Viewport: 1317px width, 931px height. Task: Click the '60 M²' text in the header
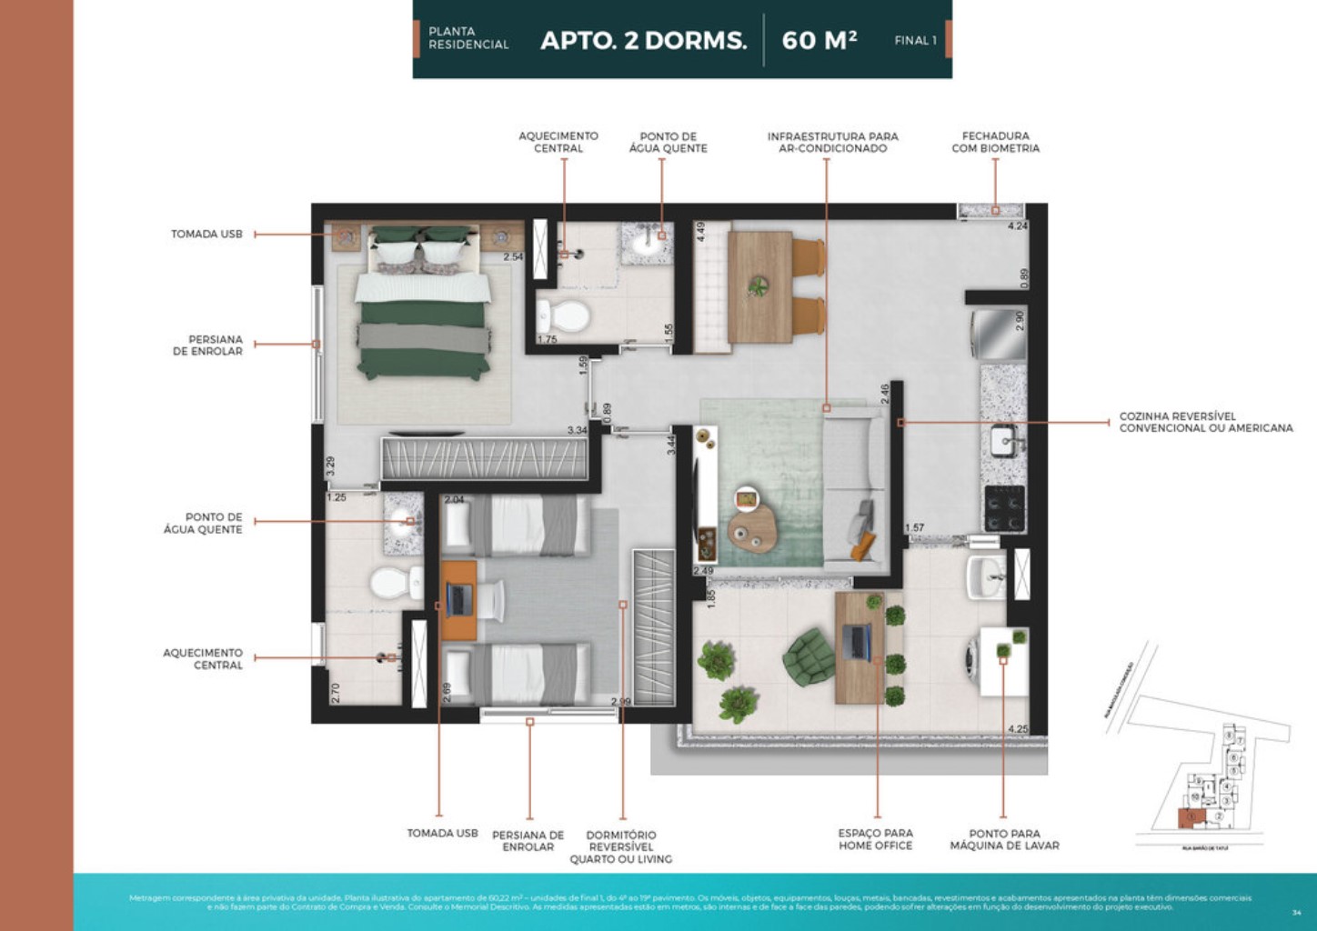click(x=819, y=40)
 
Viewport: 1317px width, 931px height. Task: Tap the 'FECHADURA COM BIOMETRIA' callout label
click(x=995, y=142)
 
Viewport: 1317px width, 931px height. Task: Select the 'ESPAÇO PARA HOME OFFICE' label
click(x=875, y=839)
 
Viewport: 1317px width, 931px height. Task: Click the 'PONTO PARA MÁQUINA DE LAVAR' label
click(x=1004, y=839)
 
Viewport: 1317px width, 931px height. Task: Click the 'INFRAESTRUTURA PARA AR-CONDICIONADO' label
click(x=832, y=142)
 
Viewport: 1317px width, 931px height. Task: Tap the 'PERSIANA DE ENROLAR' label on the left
click(x=208, y=345)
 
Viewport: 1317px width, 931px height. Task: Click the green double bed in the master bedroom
click(x=423, y=309)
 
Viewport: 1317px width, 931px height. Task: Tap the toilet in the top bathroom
click(x=564, y=316)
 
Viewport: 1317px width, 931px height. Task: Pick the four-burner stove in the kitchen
click(x=1004, y=507)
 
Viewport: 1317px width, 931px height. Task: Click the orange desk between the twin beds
click(x=459, y=600)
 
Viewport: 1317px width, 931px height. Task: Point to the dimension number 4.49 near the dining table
click(x=700, y=232)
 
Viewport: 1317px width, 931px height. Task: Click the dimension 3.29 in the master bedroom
click(x=330, y=465)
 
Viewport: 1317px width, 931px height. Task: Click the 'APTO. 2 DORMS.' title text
click(x=643, y=41)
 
